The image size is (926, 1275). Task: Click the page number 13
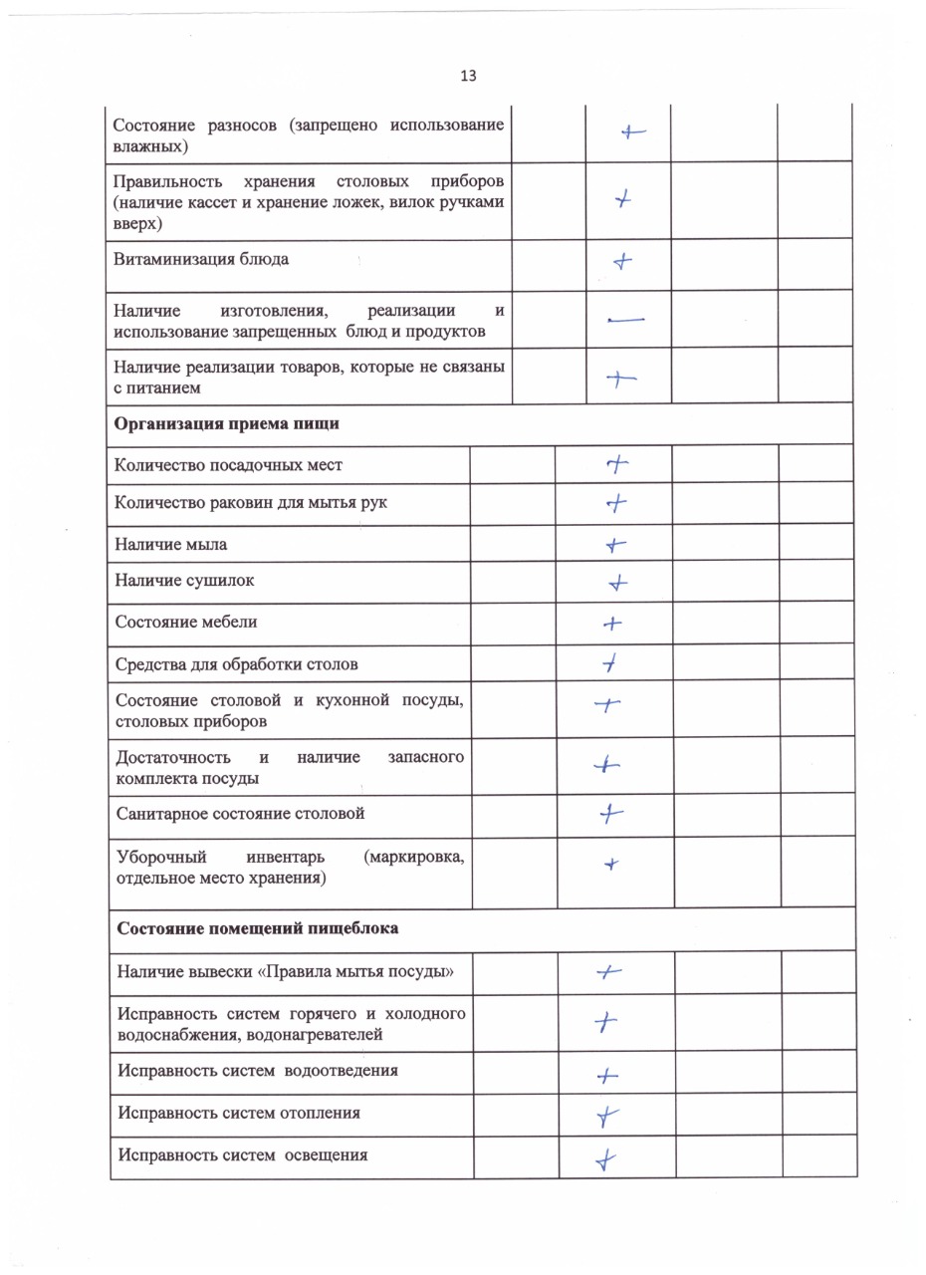pos(468,76)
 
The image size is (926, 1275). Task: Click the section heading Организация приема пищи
pos(226,424)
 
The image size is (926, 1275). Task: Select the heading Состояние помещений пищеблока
pos(258,928)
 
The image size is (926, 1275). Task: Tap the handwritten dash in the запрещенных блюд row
pos(625,320)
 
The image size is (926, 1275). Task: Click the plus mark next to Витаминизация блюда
pos(622,263)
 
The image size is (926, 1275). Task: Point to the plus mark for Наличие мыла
pos(616,545)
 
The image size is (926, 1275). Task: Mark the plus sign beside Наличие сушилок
pos(618,583)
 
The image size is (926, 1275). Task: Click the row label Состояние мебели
pos(186,623)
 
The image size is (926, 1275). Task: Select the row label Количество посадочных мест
pos(229,465)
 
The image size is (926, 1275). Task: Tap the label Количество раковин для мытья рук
pos(251,503)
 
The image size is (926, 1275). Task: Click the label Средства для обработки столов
pos(237,664)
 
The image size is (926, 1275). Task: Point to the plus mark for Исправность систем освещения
pos(605,1159)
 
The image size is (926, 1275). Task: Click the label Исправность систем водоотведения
pos(258,1071)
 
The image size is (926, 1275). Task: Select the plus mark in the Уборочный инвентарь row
pos(613,866)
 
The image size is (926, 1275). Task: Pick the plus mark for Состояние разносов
pos(632,131)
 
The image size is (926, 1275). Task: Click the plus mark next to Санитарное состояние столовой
pos(610,815)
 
